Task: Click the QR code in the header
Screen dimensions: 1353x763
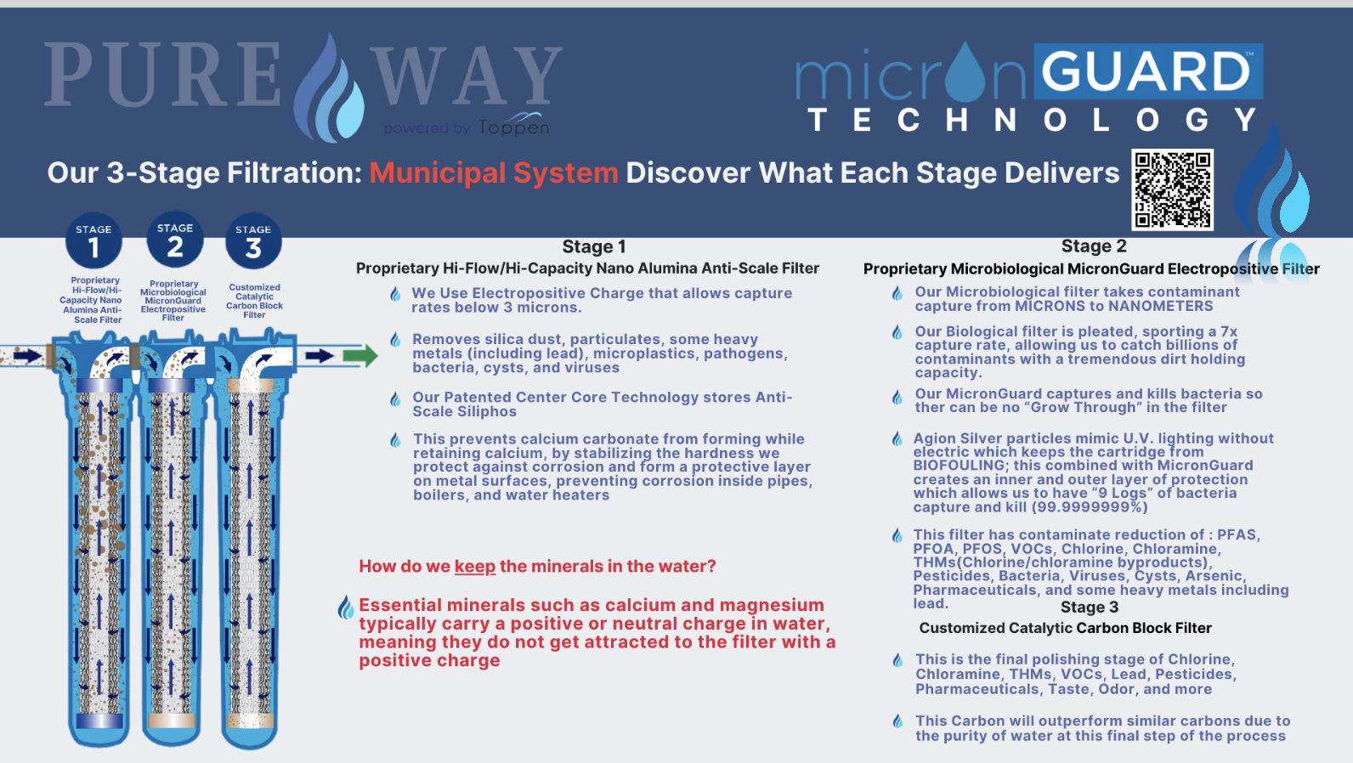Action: (x=1172, y=189)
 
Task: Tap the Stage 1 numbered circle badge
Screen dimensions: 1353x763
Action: (x=93, y=240)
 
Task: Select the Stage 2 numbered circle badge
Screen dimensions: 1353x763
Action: (x=175, y=240)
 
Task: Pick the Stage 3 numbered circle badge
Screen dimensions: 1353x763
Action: (x=253, y=241)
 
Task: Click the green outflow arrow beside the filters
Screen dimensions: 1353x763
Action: (x=360, y=355)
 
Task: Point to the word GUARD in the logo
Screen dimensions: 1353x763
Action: (x=1147, y=72)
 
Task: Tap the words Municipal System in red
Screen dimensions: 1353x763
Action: (x=493, y=173)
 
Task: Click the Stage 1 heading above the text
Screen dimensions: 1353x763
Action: (x=593, y=247)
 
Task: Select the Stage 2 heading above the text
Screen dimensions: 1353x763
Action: (x=1093, y=246)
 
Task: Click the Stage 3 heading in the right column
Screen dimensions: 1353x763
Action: (x=1089, y=608)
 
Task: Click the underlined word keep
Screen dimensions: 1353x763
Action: (x=474, y=567)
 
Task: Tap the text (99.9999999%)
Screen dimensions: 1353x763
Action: (x=1090, y=507)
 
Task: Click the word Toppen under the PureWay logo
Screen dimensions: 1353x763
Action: (x=513, y=127)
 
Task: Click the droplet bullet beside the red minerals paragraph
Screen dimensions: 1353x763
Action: (x=345, y=607)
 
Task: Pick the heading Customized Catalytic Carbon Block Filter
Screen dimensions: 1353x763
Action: (x=1065, y=629)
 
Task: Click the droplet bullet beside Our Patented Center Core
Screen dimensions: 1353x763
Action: (x=395, y=398)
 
